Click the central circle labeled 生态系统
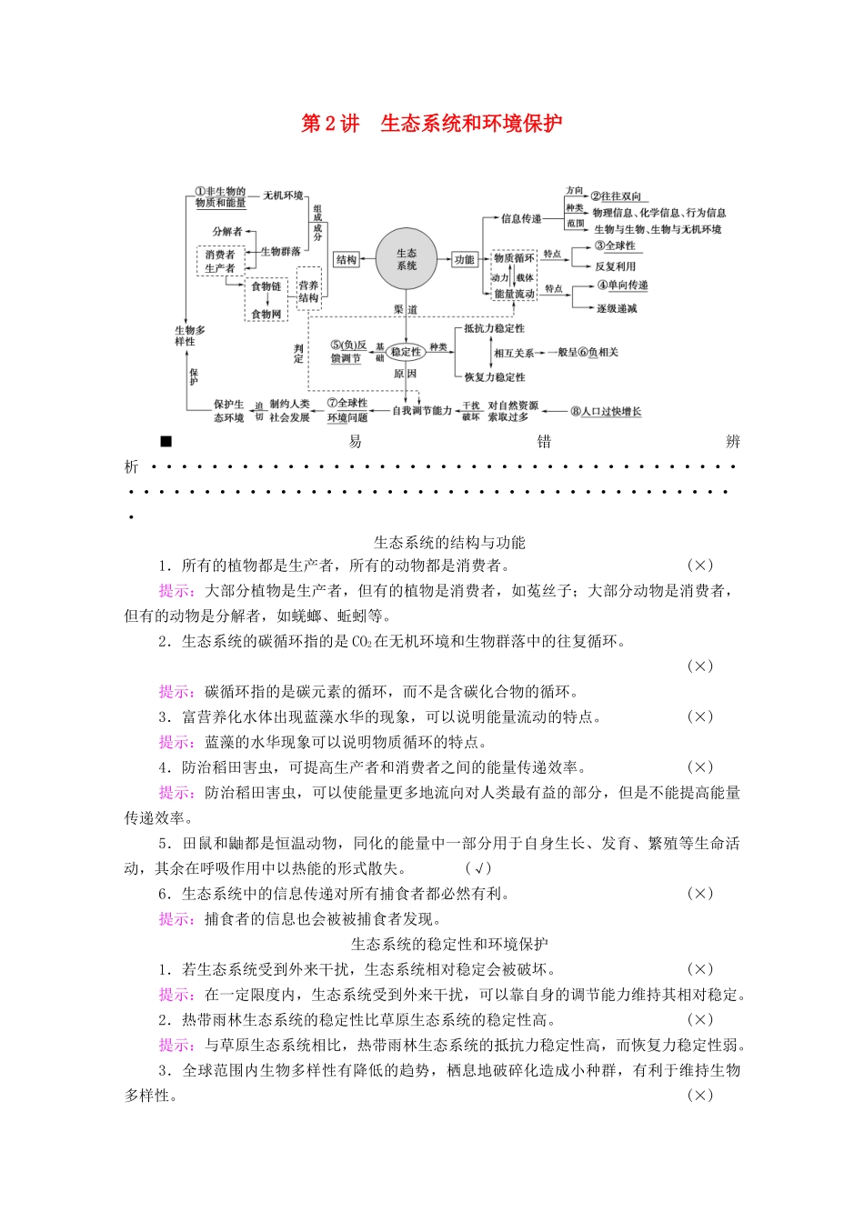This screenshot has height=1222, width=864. (x=407, y=260)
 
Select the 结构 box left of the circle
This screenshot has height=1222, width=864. (x=347, y=260)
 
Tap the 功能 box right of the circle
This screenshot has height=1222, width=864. (x=464, y=260)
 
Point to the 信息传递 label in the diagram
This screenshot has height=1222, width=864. (x=521, y=218)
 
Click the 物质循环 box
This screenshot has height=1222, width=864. (x=514, y=258)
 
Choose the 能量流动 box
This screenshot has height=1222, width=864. (x=514, y=294)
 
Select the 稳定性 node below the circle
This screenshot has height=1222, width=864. (x=406, y=352)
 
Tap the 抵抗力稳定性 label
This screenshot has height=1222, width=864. (x=494, y=328)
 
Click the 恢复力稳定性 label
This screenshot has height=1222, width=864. (x=494, y=377)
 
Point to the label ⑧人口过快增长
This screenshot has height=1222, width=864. (x=606, y=411)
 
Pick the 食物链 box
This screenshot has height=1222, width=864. (x=266, y=286)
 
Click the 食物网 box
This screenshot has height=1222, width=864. (x=266, y=314)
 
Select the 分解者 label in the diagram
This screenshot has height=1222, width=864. (x=227, y=232)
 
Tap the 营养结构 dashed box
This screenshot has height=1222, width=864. (x=308, y=291)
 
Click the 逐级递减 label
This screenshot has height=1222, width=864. (x=617, y=309)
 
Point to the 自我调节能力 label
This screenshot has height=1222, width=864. (x=422, y=411)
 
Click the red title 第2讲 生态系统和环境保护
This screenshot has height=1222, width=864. (x=431, y=124)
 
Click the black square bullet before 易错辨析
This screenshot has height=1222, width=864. (x=166, y=442)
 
